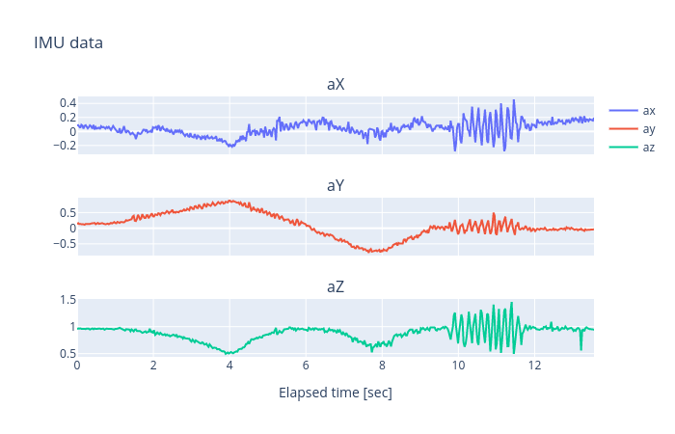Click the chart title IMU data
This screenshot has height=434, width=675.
pos(67,42)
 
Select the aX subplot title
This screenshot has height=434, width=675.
pos(336,85)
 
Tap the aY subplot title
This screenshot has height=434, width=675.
pos(336,186)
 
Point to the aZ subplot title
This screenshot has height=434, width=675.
pos(336,287)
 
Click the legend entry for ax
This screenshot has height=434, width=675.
pos(649,110)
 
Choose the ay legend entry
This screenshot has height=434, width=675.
pos(649,128)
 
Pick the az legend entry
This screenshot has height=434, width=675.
pos(649,147)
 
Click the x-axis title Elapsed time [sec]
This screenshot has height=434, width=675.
pos(336,393)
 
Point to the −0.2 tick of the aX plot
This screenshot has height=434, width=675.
pos(63,146)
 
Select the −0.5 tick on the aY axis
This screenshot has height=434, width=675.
pos(63,243)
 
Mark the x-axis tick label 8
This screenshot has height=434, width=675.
pos(382,366)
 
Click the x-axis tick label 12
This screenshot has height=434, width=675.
pos(534,366)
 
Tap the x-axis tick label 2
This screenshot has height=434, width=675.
pos(153,366)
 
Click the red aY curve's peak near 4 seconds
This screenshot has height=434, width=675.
pos(229,201)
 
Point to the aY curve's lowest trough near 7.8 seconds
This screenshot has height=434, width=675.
pos(374,252)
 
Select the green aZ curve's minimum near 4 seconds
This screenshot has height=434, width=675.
pos(229,354)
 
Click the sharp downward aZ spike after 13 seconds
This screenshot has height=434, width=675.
pos(580,349)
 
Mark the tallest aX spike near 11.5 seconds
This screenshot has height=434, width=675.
pos(514,100)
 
